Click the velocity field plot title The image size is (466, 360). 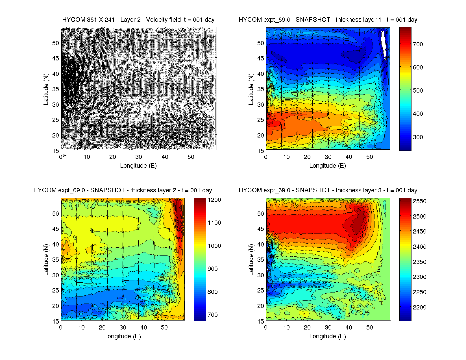[x=138, y=20]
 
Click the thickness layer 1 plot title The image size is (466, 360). [x=328, y=20]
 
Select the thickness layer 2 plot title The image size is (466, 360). [x=123, y=190]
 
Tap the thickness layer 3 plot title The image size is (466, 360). [x=328, y=190]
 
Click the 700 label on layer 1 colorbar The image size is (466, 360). [x=418, y=44]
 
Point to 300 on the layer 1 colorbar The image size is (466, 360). [x=418, y=137]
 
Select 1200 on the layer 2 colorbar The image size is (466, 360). [x=214, y=200]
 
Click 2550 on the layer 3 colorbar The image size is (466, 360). [x=420, y=201]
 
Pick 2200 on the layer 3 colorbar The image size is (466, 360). [x=420, y=307]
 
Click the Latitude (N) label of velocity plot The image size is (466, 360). [x=46, y=89]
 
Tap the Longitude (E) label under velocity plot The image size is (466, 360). [x=138, y=166]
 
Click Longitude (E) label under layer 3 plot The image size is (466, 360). [x=328, y=336]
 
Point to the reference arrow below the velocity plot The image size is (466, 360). [x=65, y=156]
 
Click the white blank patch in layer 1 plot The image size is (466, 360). [x=384, y=44]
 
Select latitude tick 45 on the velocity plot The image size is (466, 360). [x=55, y=58]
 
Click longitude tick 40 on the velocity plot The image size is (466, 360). [x=165, y=157]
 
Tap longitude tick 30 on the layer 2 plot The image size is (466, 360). [x=123, y=328]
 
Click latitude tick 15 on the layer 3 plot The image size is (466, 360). [x=261, y=321]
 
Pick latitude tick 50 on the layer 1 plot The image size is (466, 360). [x=261, y=43]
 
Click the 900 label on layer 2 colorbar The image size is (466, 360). [x=213, y=269]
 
